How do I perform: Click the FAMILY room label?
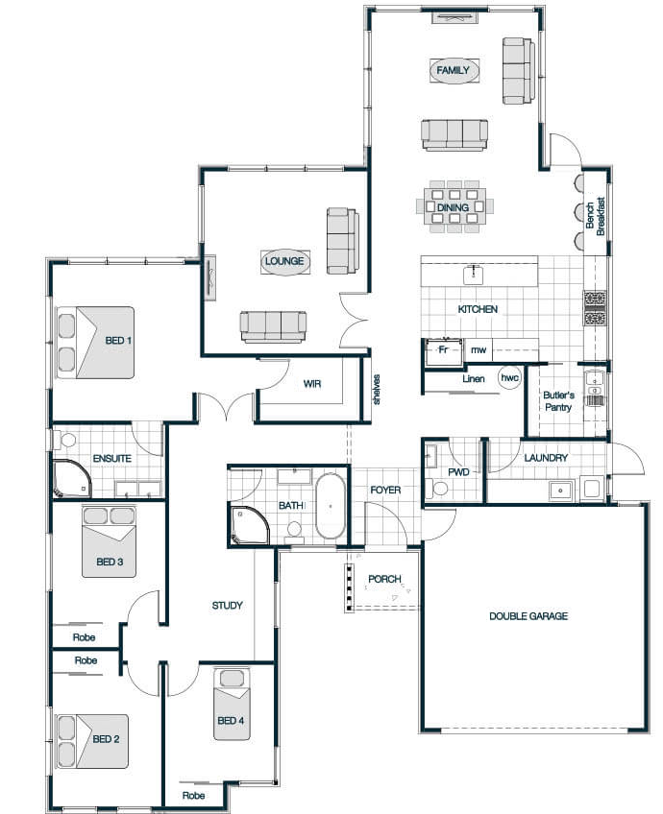tap(454, 70)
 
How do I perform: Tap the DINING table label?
tap(453, 207)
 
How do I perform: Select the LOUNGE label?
tap(284, 261)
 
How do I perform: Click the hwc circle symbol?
tap(509, 378)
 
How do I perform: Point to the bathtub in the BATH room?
tap(331, 506)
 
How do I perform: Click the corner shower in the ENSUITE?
tap(72, 479)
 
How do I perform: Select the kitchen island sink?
tap(474, 275)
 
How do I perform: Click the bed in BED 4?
tap(232, 705)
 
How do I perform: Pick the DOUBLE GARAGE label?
tap(528, 616)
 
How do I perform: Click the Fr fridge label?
tap(443, 349)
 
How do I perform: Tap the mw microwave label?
tap(479, 350)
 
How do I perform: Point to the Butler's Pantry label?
tap(558, 401)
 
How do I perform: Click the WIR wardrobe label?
tap(311, 384)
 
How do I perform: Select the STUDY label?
tap(227, 606)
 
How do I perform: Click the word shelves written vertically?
tap(377, 390)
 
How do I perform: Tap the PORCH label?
tap(384, 578)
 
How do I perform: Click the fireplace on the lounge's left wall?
tap(209, 278)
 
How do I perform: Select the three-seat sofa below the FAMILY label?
tap(454, 135)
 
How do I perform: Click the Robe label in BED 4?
tap(193, 796)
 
